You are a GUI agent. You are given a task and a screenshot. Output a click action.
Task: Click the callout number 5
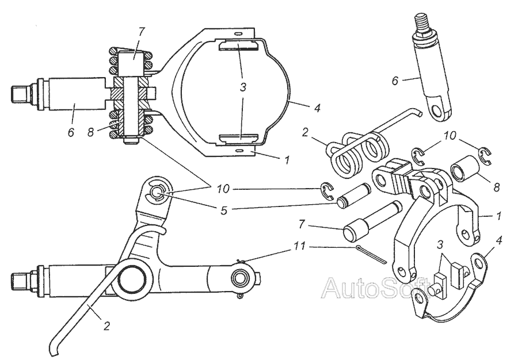(223, 211)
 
